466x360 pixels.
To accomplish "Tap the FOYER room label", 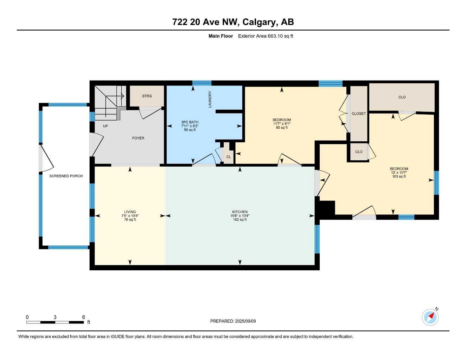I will point(138,138).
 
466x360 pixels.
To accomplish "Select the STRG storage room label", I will point(147,96).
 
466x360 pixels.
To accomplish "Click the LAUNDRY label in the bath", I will point(210,99).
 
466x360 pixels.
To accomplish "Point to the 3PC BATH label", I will point(190,122).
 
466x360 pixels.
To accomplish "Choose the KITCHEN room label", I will point(240,212).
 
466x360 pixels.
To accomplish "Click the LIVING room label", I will point(130,212).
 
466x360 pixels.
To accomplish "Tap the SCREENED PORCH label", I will point(66,176).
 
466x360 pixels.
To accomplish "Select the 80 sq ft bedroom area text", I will point(282,128).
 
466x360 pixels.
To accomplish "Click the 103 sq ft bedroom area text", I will point(399,176).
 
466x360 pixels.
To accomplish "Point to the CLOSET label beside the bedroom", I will point(359,114).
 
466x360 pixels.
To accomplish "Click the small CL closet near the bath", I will point(229,157).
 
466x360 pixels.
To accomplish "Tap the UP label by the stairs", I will point(106,126).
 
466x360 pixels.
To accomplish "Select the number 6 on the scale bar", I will point(84,317).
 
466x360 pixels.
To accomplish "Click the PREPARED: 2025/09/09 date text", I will point(233,321).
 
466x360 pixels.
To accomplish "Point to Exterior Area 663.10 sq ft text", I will point(266,36).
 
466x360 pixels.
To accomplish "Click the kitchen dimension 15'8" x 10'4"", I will point(240,216).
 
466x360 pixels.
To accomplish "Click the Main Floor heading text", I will point(221,36).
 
